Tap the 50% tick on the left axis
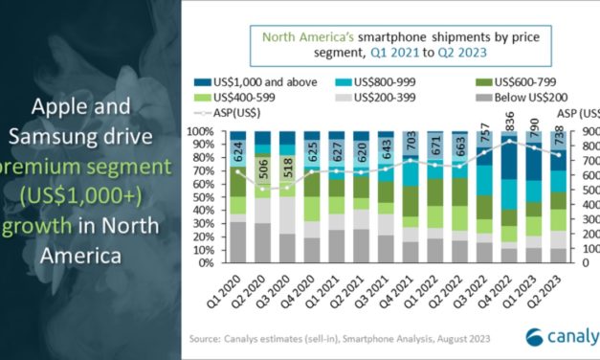(x=199, y=196)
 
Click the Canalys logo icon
(x=538, y=336)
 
